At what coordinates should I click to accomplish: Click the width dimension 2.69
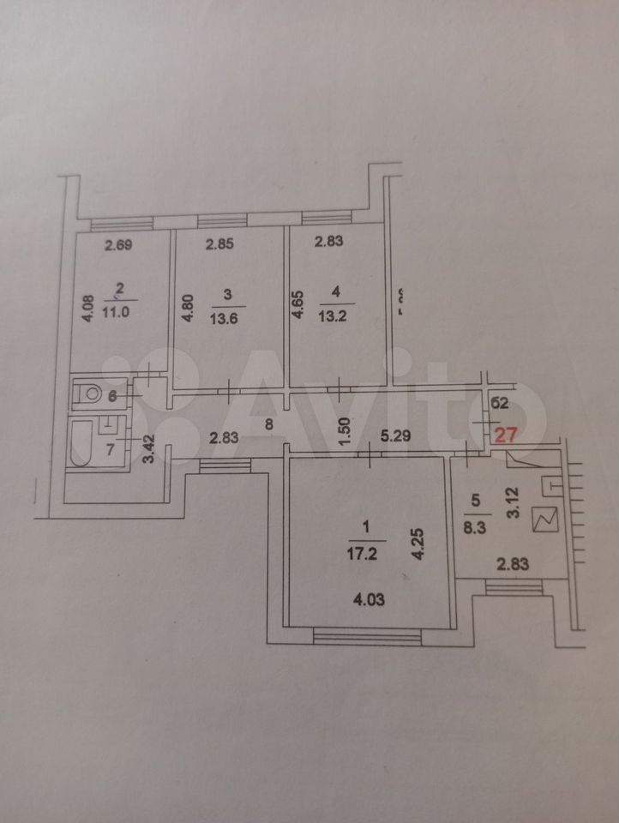[x=119, y=247]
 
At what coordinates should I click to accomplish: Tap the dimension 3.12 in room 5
[x=514, y=499]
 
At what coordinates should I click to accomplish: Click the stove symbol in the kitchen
[x=545, y=518]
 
